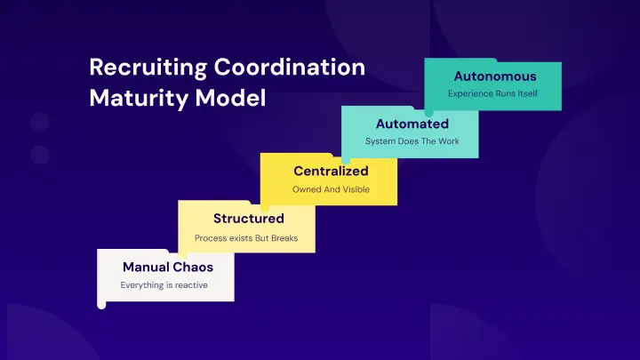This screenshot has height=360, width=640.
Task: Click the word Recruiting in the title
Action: [142, 68]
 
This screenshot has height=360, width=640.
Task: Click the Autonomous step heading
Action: [495, 76]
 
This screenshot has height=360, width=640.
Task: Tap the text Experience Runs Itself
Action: [492, 93]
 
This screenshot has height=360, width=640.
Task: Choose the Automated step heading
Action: [412, 124]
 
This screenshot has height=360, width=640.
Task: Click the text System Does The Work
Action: [412, 141]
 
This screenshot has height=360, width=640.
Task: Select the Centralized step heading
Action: [331, 171]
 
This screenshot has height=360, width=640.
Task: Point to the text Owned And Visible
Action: [331, 189]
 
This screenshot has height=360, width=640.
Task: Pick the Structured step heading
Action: [249, 218]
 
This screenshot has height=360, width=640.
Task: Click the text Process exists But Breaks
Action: [246, 237]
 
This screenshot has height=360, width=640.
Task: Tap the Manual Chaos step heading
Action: [168, 266]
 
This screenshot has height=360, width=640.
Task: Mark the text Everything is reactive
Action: [164, 285]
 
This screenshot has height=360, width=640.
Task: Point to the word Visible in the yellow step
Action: [354, 189]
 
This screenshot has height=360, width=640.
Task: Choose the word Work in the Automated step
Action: [447, 141]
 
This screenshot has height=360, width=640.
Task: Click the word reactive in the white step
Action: [191, 285]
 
